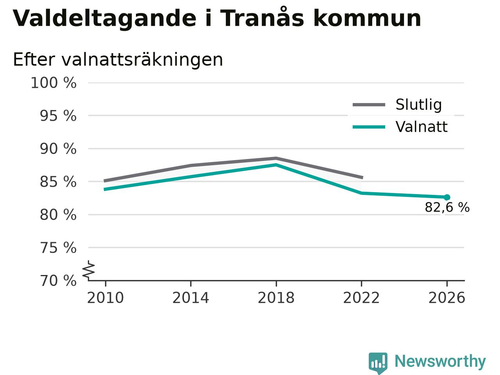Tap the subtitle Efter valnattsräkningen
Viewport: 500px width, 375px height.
(118, 60)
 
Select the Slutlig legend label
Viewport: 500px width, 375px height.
(419, 105)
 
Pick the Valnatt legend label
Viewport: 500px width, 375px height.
(421, 127)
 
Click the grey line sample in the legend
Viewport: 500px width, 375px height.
(369, 105)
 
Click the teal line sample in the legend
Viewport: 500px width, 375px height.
(369, 127)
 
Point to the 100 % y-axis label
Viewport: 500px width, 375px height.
(54, 83)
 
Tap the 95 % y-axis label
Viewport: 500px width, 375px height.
(58, 116)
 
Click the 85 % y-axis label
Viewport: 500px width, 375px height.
(58, 182)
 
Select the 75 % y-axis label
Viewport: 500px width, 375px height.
(58, 248)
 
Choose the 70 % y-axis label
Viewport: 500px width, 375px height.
(58, 280)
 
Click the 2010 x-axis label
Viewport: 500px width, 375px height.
(105, 298)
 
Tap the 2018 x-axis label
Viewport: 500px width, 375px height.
(276, 298)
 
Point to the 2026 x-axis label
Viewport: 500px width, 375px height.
(447, 298)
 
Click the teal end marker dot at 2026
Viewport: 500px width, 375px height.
(447, 197)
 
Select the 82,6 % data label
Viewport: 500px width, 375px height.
(447, 207)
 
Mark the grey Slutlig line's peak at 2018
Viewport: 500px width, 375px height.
(276, 158)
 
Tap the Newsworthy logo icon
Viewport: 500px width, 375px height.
(378, 363)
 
